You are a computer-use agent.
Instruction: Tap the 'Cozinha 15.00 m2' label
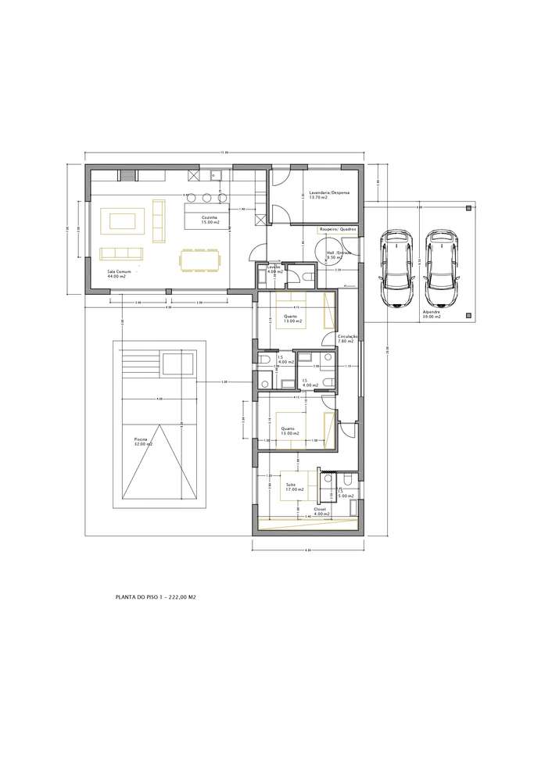pyautogui.click(x=210, y=220)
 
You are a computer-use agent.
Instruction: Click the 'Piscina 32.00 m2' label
pyautogui.click(x=143, y=442)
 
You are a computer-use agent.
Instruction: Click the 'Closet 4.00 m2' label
pyautogui.click(x=320, y=511)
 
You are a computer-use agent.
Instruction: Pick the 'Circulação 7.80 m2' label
pyautogui.click(x=346, y=339)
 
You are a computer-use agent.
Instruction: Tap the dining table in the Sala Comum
pyautogui.click(x=200, y=259)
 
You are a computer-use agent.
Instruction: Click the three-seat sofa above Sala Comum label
pyautogui.click(x=121, y=253)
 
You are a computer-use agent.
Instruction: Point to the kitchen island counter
pyautogui.click(x=206, y=215)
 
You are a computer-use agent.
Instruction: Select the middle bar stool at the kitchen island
pyautogui.click(x=208, y=196)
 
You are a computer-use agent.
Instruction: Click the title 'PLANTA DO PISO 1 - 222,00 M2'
pyautogui.click(x=155, y=596)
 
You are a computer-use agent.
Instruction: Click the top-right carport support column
pyautogui.click(x=468, y=208)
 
